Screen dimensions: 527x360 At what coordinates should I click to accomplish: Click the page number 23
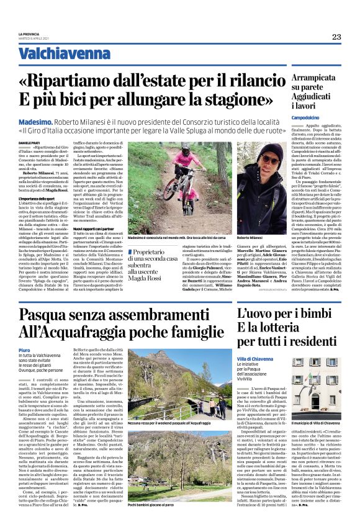click(x=336, y=37)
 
